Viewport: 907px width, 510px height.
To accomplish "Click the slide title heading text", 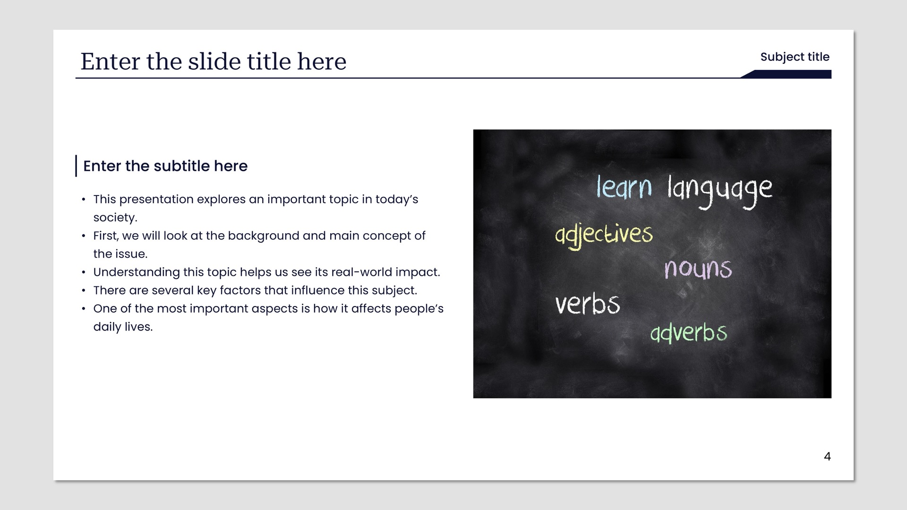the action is [x=214, y=61].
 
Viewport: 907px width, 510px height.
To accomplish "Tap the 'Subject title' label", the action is [x=795, y=57].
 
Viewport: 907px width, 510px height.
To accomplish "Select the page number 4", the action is [x=827, y=456].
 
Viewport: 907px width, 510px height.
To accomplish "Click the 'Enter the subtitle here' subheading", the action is [x=165, y=166].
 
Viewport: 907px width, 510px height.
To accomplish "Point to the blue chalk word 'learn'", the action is [x=624, y=187].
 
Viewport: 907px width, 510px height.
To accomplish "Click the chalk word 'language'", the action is [x=720, y=191].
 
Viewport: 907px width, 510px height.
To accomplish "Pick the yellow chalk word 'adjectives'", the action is [x=604, y=235].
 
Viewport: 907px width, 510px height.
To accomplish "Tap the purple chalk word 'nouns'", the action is [x=698, y=269].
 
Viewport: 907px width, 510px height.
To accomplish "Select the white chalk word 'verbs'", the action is [x=587, y=303].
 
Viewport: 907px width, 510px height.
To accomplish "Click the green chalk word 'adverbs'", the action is [x=689, y=332].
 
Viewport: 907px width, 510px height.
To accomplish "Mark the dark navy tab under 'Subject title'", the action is [x=786, y=74].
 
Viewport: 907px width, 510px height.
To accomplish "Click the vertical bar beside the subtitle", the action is [x=76, y=166].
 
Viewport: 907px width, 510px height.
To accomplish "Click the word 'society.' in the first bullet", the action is [x=115, y=218].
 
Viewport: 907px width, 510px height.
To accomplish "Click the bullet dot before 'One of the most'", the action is [x=84, y=309].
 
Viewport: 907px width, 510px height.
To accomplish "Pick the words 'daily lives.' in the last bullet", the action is [x=123, y=327].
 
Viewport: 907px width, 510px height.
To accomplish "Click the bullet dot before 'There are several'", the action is [x=84, y=290].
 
